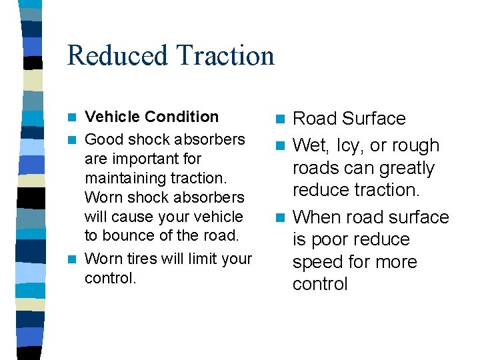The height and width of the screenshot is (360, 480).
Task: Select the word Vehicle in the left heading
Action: (x=109, y=117)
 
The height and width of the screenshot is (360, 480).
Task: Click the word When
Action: (x=317, y=217)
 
